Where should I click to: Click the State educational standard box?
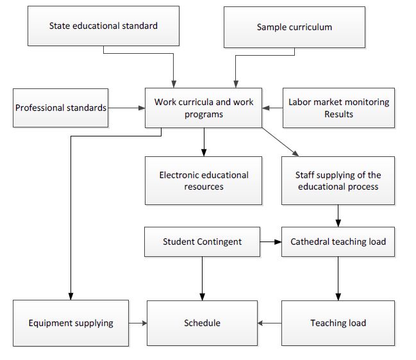click(103, 26)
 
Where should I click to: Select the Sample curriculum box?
click(294, 27)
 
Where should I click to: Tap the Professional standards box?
click(61, 108)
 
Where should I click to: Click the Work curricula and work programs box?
click(204, 108)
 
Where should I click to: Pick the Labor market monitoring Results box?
click(338, 108)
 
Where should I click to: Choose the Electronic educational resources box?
click(204, 181)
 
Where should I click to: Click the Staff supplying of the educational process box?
click(338, 181)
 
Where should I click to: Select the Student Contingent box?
click(203, 241)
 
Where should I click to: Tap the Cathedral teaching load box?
click(338, 241)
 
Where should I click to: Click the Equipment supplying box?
click(71, 323)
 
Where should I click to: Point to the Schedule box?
click(203, 323)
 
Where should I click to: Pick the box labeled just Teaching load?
click(338, 323)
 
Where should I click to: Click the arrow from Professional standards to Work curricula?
click(127, 108)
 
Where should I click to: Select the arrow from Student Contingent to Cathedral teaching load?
click(270, 241)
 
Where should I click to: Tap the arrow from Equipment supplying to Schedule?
click(138, 323)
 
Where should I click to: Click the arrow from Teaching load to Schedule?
click(270, 323)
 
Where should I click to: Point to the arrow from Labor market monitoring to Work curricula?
click(272, 108)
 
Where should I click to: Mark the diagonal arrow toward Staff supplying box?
click(279, 142)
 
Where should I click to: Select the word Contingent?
click(220, 242)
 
